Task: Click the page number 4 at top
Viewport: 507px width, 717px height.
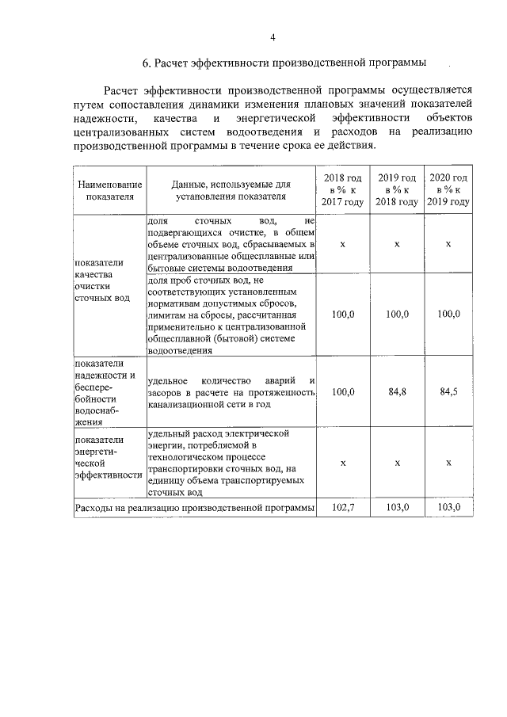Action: (x=273, y=37)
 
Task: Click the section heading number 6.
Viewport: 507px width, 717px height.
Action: (x=147, y=62)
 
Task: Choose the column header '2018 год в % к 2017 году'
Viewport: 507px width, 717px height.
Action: (x=342, y=190)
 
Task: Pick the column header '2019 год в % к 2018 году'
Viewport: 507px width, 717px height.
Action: (x=396, y=190)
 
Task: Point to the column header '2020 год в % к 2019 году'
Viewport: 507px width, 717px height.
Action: (x=448, y=190)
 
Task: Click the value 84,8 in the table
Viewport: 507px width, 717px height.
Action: (x=396, y=392)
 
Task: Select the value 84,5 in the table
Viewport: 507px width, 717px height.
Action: (x=448, y=392)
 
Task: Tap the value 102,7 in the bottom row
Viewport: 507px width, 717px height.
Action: (x=342, y=507)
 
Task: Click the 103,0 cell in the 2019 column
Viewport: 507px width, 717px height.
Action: (x=396, y=507)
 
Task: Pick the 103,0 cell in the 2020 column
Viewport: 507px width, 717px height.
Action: (x=448, y=507)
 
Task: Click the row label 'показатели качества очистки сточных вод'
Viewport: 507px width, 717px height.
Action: (x=100, y=281)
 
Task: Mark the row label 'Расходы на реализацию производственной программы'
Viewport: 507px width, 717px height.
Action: (x=194, y=507)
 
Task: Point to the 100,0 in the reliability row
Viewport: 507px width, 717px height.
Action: (x=342, y=392)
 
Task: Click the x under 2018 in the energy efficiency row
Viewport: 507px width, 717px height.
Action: (x=342, y=463)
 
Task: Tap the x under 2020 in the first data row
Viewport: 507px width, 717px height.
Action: (x=448, y=244)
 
